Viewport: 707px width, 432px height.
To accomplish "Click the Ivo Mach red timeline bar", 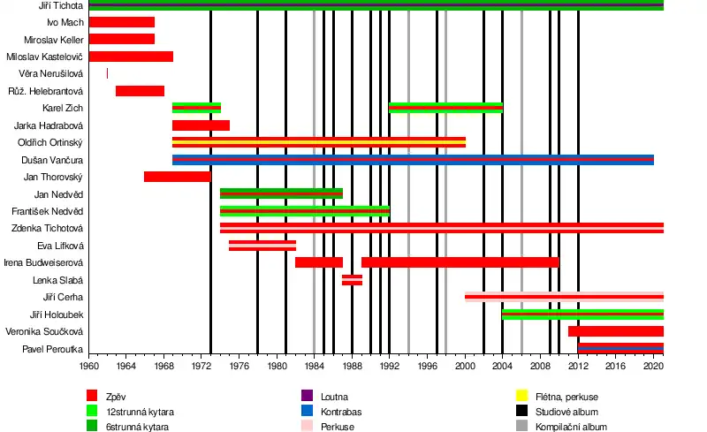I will pos(122,22).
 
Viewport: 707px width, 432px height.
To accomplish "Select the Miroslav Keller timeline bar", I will pos(122,39).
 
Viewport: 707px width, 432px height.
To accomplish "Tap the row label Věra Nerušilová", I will pos(52,73).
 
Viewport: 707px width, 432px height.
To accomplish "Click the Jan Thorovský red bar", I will pos(177,177).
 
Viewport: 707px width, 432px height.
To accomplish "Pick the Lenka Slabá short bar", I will pos(352,280).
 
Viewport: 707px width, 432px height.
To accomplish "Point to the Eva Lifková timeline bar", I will pos(262,246).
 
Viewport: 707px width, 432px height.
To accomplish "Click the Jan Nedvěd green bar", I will pos(281,193).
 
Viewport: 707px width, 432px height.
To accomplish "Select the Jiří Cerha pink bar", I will pos(564,297).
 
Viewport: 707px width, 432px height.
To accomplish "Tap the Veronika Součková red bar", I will pos(615,331).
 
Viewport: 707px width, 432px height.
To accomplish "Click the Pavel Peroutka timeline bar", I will pos(620,349).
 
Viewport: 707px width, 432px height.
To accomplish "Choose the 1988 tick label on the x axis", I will pos(352,366).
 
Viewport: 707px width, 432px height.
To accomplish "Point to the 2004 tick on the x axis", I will pos(502,366).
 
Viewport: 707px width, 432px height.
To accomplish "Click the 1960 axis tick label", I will pos(89,366).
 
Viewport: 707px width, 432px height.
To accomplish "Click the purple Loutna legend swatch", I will pos(307,396).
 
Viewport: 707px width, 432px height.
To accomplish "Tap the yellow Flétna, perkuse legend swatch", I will pos(522,396).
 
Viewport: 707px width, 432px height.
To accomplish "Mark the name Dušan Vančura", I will pos(52,159).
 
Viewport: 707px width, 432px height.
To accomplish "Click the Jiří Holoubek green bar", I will pos(582,315).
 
